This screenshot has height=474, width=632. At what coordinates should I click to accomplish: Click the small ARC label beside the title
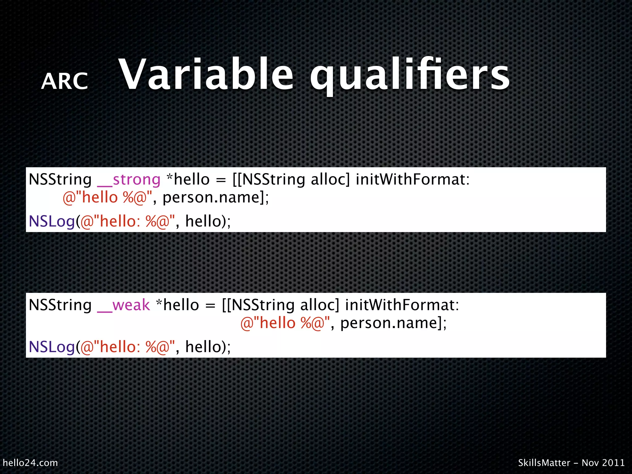pos(64,81)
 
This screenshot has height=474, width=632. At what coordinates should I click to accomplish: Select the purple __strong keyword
pos(129,180)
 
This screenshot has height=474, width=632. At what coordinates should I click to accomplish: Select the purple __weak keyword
pos(123,305)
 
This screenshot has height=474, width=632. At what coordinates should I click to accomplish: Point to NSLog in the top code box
pos(52,222)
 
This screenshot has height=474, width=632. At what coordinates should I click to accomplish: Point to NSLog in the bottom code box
pos(52,347)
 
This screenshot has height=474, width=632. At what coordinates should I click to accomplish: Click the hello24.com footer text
pos(30,463)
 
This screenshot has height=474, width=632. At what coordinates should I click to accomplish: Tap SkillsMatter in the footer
pos(544,463)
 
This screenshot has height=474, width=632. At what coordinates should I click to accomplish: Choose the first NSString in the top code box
pos(60,179)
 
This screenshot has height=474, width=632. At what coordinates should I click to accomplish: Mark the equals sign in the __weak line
pos(210,306)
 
